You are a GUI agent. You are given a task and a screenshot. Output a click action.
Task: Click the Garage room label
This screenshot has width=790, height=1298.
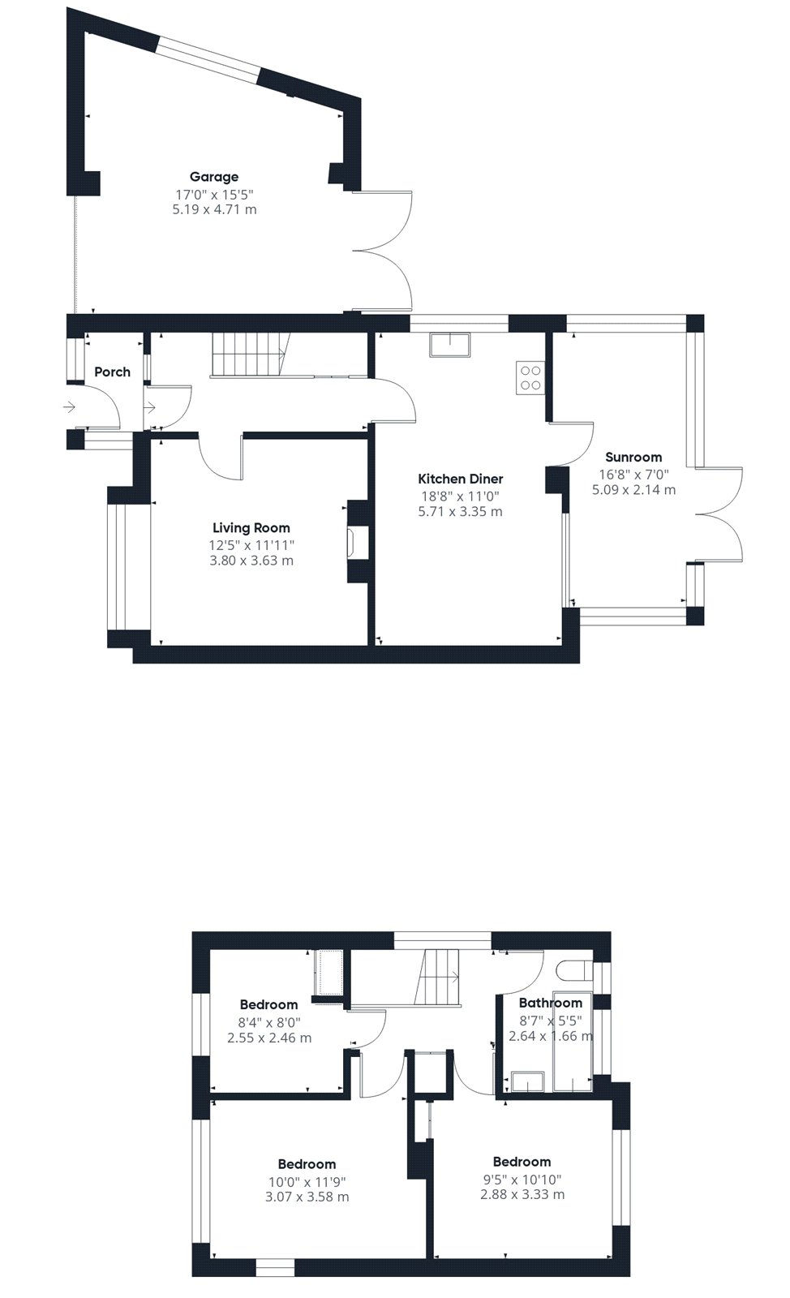(x=213, y=177)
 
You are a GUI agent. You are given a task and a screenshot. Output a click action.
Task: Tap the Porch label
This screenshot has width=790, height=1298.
(x=113, y=372)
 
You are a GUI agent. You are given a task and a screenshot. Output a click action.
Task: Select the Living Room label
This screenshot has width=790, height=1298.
(x=251, y=528)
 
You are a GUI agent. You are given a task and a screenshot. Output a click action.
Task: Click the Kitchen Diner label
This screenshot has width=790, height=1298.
(x=461, y=479)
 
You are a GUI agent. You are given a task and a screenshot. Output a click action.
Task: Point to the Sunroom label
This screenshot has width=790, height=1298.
(x=633, y=458)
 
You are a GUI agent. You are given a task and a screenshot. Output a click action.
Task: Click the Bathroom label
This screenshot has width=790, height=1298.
(x=550, y=1003)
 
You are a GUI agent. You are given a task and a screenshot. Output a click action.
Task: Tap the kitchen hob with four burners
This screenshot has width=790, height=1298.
(x=530, y=378)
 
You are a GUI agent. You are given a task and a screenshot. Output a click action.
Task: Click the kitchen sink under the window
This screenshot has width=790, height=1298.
(x=450, y=345)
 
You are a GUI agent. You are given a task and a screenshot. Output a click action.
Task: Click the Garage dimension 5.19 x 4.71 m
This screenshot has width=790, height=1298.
(x=214, y=209)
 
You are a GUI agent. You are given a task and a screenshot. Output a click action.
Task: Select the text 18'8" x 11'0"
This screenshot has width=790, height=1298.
(x=461, y=496)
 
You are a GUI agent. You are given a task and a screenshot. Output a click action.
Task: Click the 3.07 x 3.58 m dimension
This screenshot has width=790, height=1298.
(x=307, y=1197)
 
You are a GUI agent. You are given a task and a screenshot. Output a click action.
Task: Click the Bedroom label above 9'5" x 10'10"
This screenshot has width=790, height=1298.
(x=522, y=1161)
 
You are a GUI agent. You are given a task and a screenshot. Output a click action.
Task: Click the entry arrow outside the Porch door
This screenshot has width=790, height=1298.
(x=70, y=407)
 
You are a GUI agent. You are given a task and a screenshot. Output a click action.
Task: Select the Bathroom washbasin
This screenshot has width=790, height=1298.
(x=528, y=1081)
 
